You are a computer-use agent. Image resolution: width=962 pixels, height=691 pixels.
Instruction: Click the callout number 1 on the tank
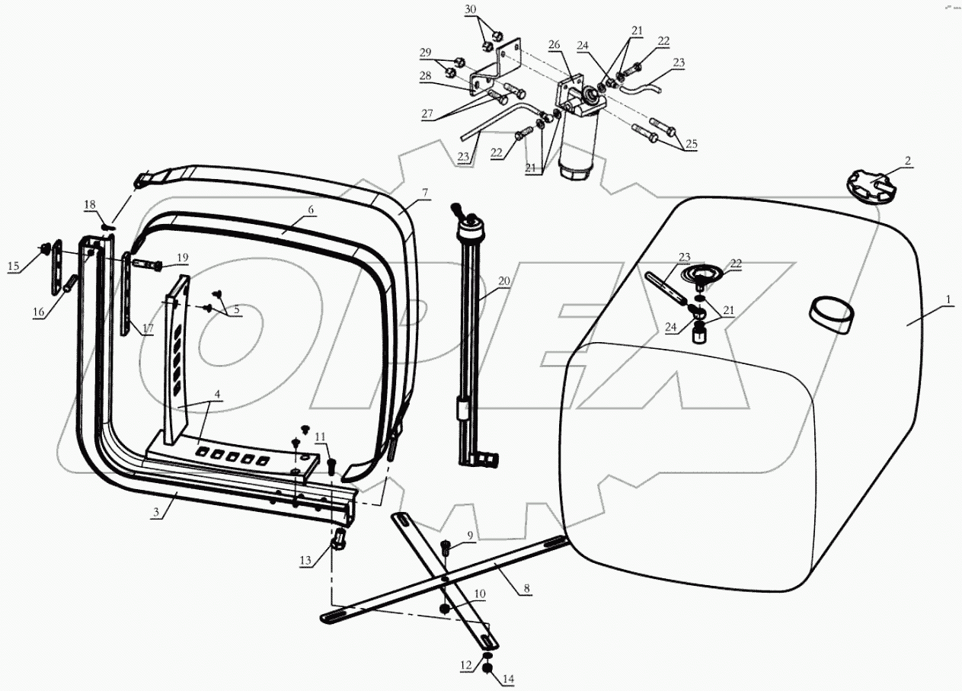click(x=948, y=302)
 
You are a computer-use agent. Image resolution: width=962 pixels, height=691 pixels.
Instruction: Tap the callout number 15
click(x=14, y=265)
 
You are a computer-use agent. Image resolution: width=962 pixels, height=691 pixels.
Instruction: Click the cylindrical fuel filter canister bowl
click(x=578, y=156)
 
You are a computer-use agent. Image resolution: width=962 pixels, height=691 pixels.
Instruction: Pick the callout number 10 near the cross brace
click(x=481, y=593)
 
